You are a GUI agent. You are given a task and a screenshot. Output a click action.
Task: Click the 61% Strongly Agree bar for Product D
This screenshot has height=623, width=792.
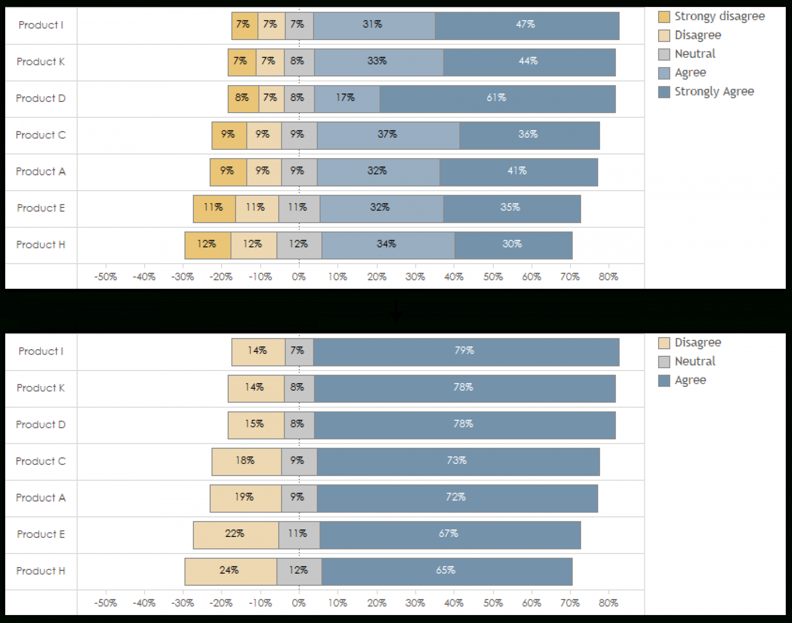pos(497,99)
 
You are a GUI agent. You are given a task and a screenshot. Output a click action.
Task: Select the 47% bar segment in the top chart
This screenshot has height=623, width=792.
pos(527,26)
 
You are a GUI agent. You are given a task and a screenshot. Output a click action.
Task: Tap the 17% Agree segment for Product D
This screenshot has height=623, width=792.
pos(346,99)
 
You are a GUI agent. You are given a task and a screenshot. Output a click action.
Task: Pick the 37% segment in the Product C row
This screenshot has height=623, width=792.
pos(388,135)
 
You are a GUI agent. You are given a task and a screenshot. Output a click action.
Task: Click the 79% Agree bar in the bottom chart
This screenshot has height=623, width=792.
pos(466,352)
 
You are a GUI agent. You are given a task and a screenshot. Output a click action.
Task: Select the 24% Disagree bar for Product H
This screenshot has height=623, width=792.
pos(231,572)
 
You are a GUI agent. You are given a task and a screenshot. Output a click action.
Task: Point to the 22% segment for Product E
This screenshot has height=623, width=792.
pos(236,535)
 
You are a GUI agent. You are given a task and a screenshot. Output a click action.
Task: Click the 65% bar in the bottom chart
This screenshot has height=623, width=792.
pos(447,572)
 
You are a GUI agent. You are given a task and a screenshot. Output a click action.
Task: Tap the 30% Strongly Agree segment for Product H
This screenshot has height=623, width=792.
pos(513,245)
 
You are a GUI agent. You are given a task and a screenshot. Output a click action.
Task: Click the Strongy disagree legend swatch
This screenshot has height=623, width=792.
pos(664,17)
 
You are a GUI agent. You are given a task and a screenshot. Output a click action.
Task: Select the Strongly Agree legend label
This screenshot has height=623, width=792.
pos(714,91)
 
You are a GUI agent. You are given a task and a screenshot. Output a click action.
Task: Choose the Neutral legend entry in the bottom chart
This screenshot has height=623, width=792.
pos(695,361)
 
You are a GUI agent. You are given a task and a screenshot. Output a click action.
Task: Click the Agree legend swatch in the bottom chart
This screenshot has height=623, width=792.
pos(664,380)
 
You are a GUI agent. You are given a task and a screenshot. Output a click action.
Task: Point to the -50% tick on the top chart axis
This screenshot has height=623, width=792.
pos(106,277)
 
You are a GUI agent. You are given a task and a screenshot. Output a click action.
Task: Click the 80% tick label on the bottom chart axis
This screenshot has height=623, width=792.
pos(608,603)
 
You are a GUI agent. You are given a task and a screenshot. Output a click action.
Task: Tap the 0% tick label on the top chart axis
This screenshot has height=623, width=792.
pos(299,277)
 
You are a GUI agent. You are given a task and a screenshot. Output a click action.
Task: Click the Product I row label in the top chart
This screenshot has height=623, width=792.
pos(41,25)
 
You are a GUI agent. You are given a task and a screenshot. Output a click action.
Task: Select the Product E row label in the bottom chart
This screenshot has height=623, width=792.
pos(41,534)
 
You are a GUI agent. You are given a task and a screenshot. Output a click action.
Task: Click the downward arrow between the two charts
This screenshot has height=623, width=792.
pos(395,312)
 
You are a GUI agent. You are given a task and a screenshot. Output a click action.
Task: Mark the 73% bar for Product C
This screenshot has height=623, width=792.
pos(458,461)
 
